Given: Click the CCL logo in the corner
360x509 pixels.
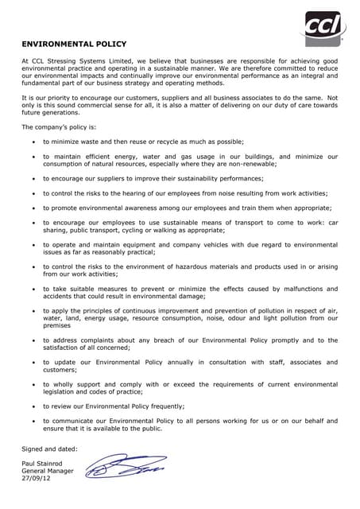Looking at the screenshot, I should coord(323,29).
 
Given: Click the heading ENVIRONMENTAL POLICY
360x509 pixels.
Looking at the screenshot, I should coord(73,44).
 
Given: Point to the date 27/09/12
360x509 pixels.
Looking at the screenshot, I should coord(37,480).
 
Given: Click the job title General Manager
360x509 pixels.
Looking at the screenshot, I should coord(48,471).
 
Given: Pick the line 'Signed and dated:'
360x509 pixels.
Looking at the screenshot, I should coord(49,449).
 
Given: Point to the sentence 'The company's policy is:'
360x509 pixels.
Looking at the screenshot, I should coord(59,127).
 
